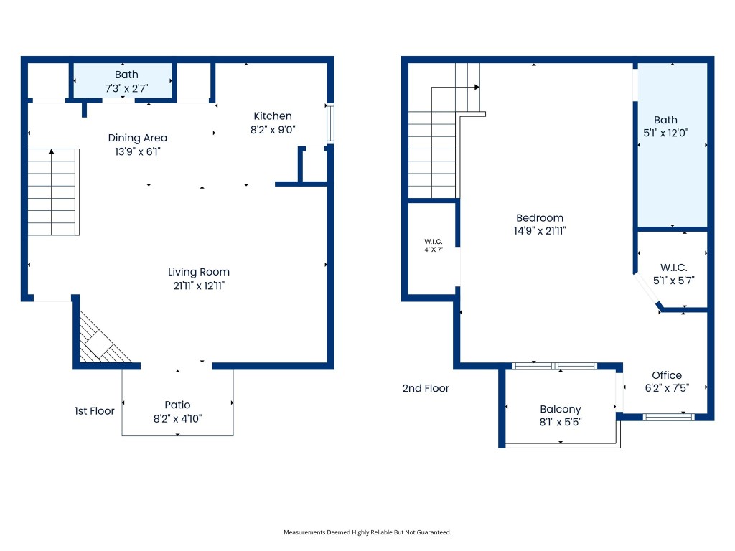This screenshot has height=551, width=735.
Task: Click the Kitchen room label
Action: [273, 116]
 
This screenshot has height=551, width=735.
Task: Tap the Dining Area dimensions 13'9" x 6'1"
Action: [138, 151]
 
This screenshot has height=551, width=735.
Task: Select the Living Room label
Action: [199, 272]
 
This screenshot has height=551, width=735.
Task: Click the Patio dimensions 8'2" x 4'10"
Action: [177, 419]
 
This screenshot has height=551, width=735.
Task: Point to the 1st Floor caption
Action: [95, 411]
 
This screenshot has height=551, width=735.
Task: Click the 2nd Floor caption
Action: [426, 388]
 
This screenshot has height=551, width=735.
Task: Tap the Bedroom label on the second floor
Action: [540, 218]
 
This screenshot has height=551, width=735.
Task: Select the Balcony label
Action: [561, 409]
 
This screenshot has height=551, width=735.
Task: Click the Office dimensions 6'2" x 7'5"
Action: [667, 388]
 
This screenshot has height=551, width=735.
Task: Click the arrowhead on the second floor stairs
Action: [477, 88]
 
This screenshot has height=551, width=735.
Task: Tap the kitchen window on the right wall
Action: [330, 123]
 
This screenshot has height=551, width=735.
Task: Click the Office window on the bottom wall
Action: [668, 416]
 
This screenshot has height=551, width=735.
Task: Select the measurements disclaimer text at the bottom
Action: [367, 532]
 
